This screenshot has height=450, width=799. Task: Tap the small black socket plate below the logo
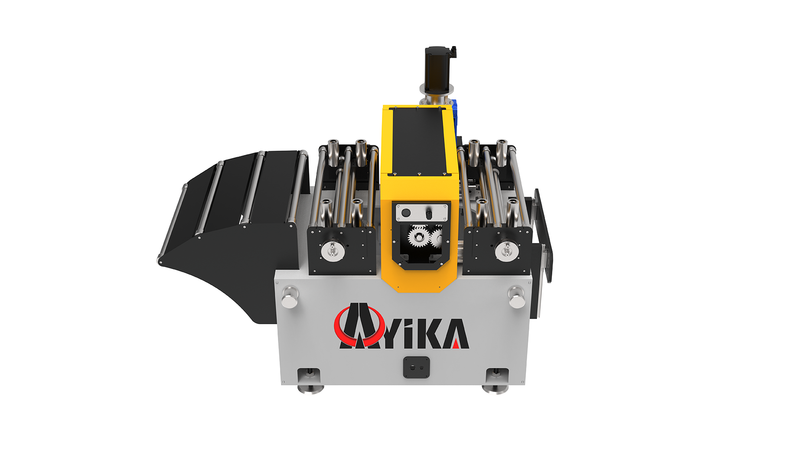tap(416, 367)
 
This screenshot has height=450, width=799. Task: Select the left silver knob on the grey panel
tap(290, 297)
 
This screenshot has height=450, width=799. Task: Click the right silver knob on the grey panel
tap(516, 297)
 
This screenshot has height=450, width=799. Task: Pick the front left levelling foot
tap(310, 382)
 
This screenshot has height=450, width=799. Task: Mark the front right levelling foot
tap(496, 382)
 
